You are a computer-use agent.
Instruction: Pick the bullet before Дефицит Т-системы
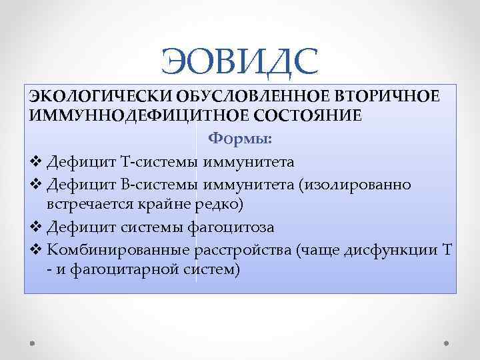[x=37, y=162]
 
